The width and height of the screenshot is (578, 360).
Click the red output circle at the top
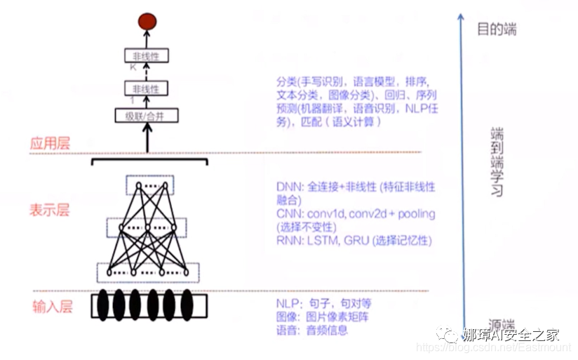pos(147,22)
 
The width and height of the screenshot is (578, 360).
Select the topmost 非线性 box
pos(147,55)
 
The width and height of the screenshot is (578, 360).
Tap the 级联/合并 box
pos(147,116)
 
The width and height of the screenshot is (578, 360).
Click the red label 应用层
pos(50,144)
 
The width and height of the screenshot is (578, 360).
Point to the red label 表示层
pos(50,211)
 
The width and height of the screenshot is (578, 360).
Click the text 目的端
pos(497,29)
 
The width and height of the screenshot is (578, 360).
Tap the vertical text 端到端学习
pos(497,161)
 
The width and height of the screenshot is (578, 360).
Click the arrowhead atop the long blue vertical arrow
pos(460,15)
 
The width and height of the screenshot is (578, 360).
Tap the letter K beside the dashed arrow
pos(132,67)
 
